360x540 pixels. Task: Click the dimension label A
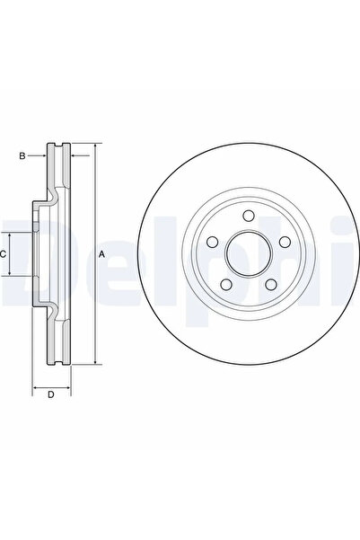click(102, 254)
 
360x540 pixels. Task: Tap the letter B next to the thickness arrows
click(22, 156)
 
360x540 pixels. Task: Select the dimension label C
click(4, 254)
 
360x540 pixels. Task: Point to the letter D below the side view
click(51, 394)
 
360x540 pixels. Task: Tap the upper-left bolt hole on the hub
click(213, 241)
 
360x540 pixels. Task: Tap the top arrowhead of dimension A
click(93, 146)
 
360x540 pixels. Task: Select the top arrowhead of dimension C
click(13, 233)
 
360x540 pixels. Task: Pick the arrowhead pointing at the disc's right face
click(73, 156)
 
